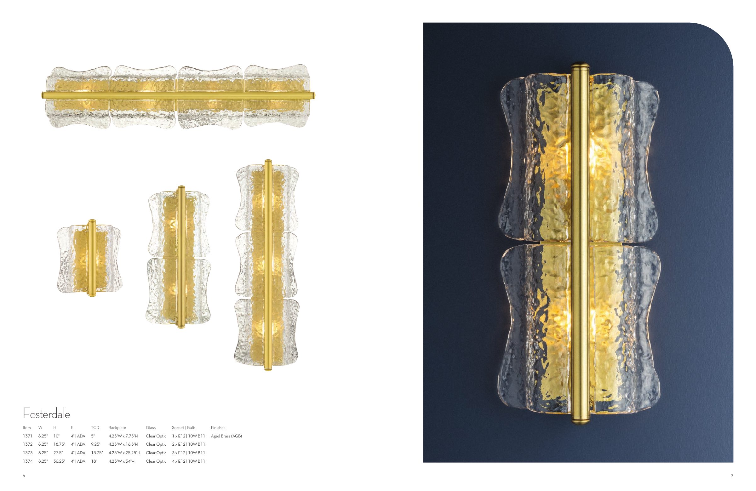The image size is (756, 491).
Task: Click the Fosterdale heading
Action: (x=46, y=414)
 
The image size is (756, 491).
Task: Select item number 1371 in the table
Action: (x=28, y=436)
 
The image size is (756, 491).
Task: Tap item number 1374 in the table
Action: (x=28, y=461)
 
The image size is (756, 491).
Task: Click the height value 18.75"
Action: (x=60, y=444)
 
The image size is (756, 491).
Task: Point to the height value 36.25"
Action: (x=60, y=461)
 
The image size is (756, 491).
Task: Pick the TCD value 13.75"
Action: (x=97, y=453)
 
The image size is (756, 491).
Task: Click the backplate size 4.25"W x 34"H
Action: (x=122, y=461)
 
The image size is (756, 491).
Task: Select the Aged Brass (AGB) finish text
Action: (x=226, y=436)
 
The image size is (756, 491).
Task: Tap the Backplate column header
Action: (x=117, y=428)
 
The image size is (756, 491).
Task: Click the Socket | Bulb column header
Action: (x=184, y=428)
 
